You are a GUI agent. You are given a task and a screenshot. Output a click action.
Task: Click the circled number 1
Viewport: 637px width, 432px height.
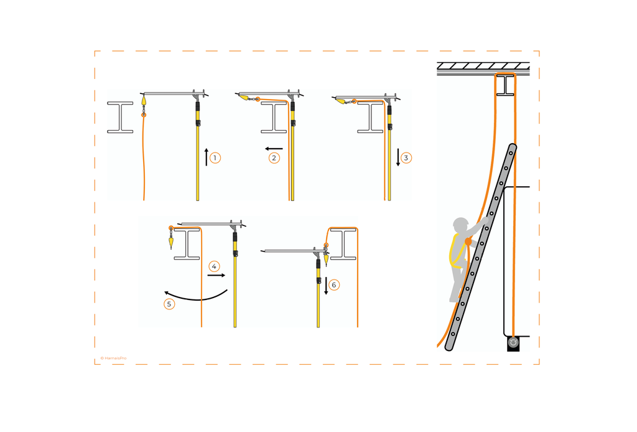(215, 158)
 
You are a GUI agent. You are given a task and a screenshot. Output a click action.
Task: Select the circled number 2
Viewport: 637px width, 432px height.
(274, 158)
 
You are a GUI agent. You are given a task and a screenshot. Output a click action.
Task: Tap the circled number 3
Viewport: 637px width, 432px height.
(406, 158)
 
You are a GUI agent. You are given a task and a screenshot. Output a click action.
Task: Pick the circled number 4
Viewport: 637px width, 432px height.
(214, 266)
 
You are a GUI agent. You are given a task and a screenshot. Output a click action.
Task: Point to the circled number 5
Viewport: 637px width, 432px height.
(169, 304)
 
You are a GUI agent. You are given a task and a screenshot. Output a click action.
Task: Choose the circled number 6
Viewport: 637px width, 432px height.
(334, 285)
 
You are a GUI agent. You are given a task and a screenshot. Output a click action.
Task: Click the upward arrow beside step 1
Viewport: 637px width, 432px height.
(206, 157)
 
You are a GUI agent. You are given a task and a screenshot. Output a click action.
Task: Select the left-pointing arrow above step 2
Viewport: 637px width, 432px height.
(274, 149)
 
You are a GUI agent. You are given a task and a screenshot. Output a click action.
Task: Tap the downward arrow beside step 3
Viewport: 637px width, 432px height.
(398, 157)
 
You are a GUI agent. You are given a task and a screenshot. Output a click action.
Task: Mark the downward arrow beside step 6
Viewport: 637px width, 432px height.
(326, 285)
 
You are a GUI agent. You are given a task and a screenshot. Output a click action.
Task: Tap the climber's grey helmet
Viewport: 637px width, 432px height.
(460, 224)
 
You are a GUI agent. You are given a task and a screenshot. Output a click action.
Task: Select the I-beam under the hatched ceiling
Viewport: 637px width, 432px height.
(508, 85)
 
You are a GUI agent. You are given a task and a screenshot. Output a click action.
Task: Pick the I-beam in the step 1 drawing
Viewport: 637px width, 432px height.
(120, 117)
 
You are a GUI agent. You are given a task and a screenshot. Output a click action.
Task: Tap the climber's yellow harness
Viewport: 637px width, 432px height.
(457, 252)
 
